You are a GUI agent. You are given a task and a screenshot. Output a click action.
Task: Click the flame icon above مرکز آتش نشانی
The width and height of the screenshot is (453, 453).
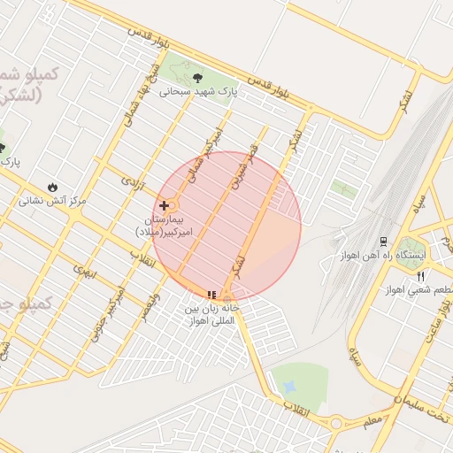point(54,187)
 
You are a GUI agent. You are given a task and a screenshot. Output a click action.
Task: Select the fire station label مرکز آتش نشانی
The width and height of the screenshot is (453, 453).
point(54,201)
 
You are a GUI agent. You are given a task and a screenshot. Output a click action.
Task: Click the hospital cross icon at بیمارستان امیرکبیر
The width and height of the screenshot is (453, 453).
point(165,204)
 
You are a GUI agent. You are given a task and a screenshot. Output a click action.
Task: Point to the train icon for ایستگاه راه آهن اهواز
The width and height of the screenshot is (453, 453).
point(383,241)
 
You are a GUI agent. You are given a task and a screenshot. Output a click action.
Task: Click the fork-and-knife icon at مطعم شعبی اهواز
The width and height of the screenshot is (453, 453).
point(421,275)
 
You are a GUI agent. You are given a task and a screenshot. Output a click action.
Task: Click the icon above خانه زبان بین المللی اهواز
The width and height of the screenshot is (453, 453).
point(211,295)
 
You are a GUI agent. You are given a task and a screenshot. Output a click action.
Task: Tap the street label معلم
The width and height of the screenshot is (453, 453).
point(372,423)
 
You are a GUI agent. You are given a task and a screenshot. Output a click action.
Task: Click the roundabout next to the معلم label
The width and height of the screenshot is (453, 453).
point(336,423)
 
